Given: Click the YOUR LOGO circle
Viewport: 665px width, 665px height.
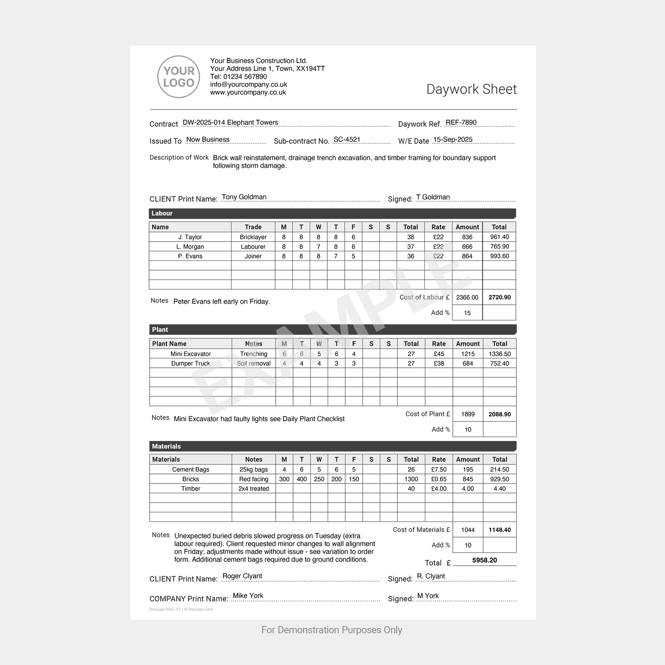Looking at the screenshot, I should (179, 77).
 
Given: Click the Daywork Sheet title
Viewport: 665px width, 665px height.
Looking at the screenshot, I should (471, 89).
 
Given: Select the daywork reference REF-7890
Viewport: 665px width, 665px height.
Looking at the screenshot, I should (461, 122).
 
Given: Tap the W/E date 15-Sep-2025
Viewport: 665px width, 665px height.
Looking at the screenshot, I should (453, 139).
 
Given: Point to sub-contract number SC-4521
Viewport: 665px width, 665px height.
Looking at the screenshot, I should (347, 139).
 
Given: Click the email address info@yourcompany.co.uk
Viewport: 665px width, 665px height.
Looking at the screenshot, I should (249, 85).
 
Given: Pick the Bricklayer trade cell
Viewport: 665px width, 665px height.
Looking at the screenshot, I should (253, 237).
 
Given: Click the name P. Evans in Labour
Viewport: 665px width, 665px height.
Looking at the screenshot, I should (190, 256).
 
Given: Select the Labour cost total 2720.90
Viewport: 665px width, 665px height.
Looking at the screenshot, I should (499, 297).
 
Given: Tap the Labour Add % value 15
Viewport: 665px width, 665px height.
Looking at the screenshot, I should (467, 313).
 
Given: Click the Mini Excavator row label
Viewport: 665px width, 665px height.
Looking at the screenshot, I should (191, 354).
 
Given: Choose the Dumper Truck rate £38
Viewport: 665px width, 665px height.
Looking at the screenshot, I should (439, 364).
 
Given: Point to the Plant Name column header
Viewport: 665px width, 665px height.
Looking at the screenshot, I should (169, 344).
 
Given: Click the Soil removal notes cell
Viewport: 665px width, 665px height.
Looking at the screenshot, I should (254, 364).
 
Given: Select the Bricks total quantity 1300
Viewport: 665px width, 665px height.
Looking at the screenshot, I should (411, 479).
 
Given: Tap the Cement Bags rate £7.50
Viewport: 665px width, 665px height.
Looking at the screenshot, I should (439, 469).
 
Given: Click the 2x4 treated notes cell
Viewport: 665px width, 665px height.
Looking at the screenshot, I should (254, 489).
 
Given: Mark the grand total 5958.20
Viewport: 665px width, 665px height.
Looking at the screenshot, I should (485, 560).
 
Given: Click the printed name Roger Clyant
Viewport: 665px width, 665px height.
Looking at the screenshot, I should (242, 576).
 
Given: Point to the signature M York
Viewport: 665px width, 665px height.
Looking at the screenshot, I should (428, 596).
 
